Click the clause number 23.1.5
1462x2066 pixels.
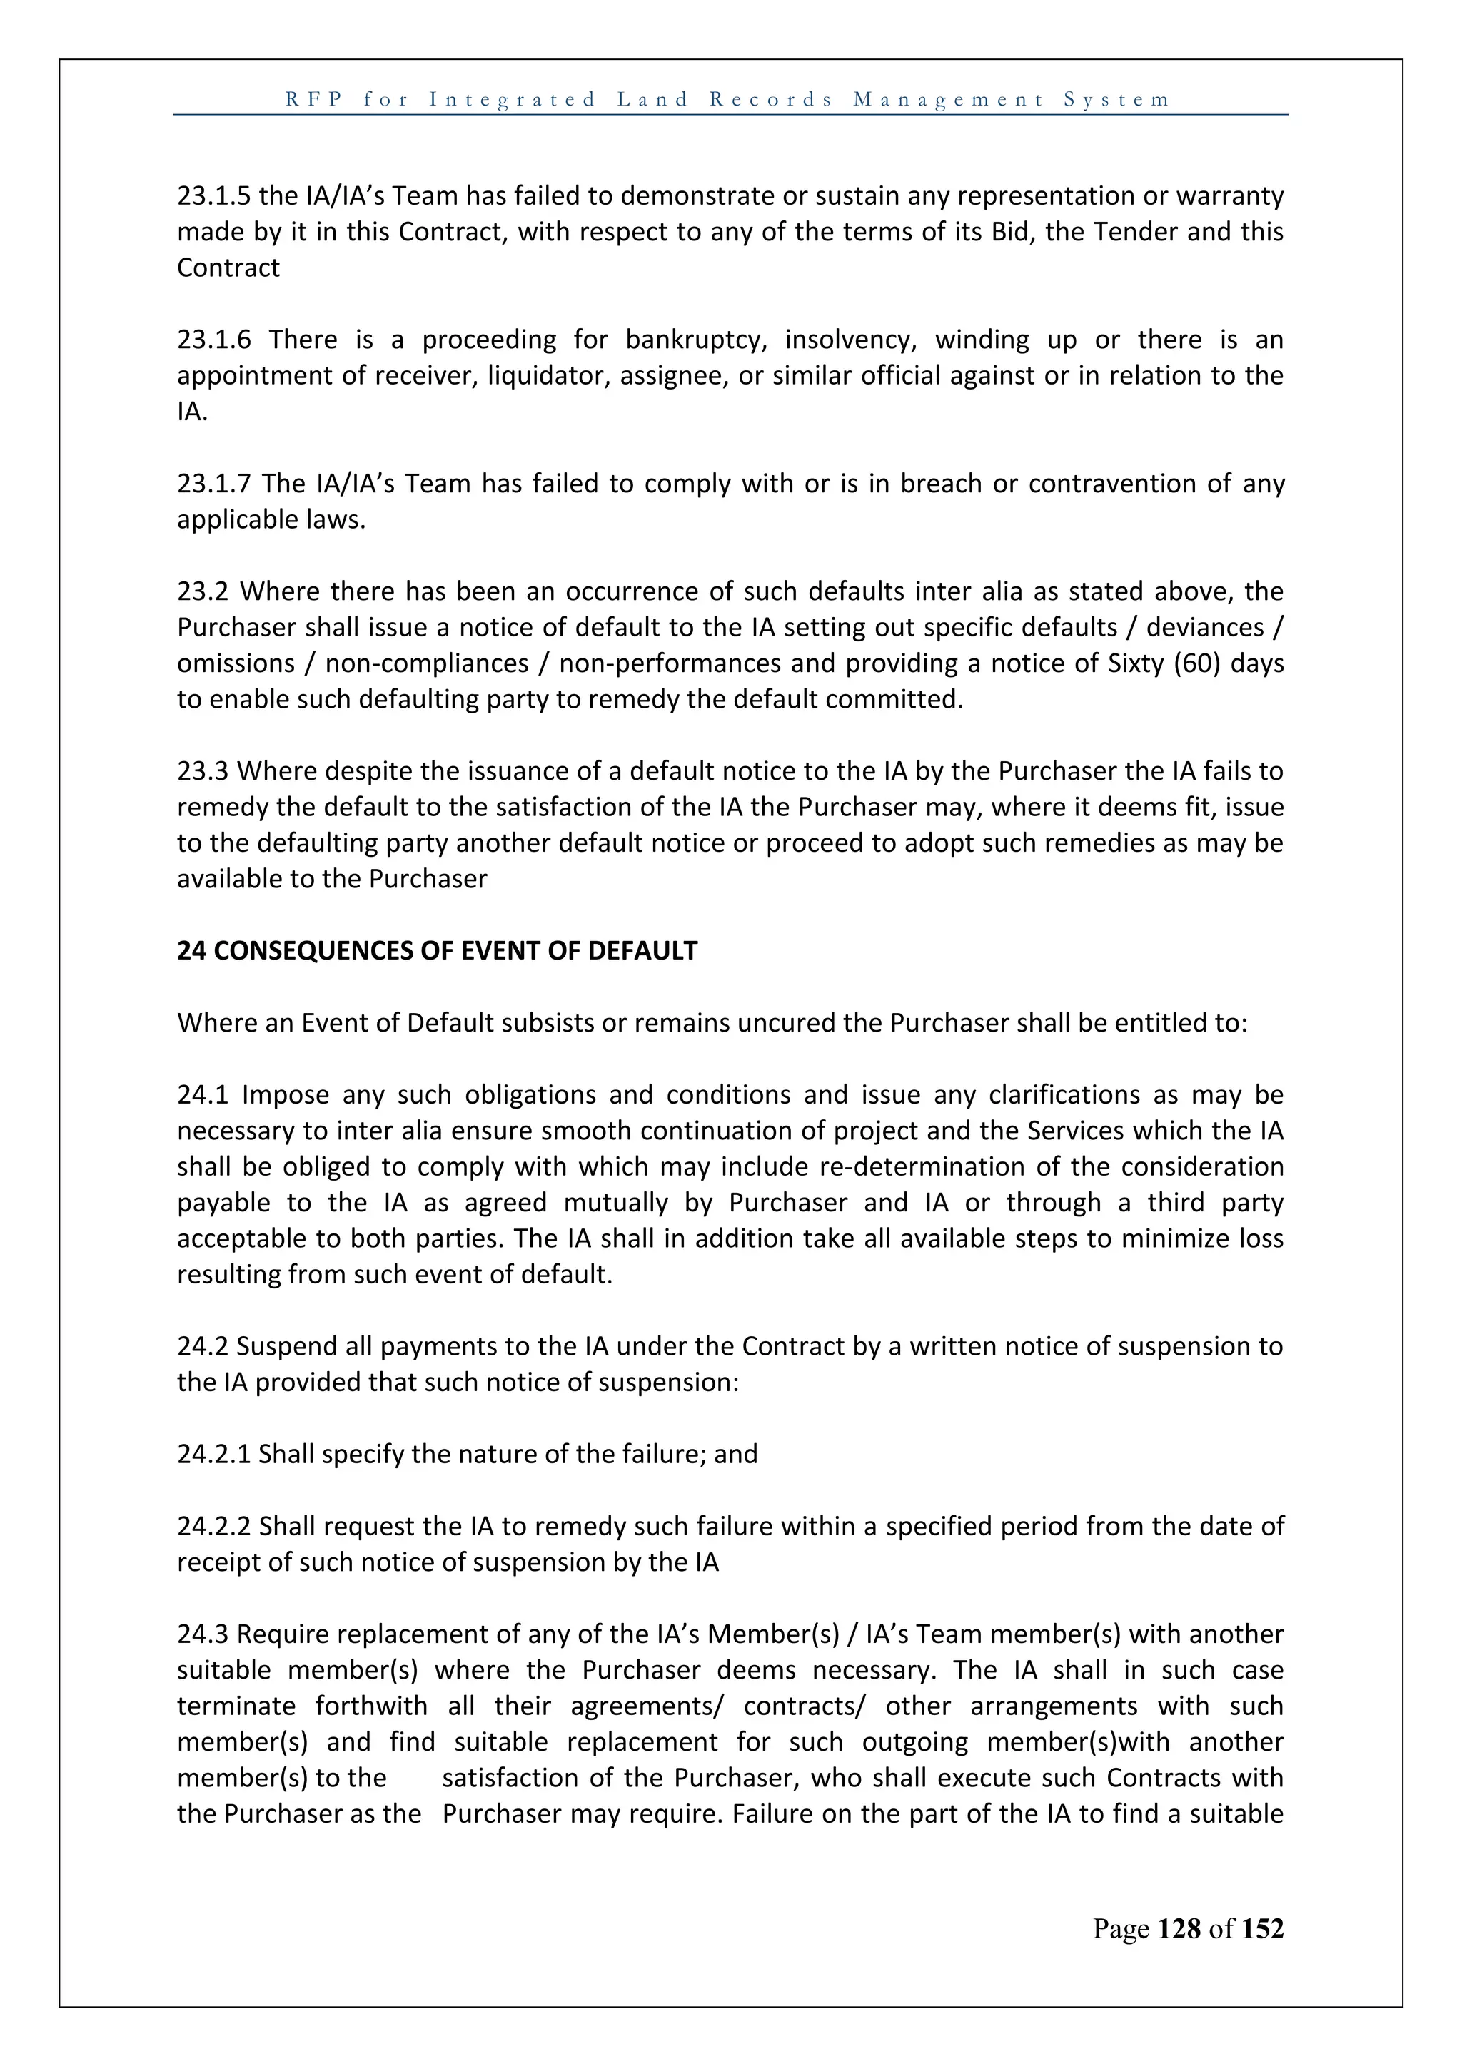(214, 196)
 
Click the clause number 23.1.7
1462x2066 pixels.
(215, 484)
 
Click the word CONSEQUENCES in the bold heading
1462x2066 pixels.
(314, 951)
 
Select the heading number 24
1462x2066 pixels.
(191, 951)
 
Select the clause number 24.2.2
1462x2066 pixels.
(214, 1526)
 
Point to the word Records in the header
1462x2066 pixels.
(772, 99)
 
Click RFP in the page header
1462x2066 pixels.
(314, 99)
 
